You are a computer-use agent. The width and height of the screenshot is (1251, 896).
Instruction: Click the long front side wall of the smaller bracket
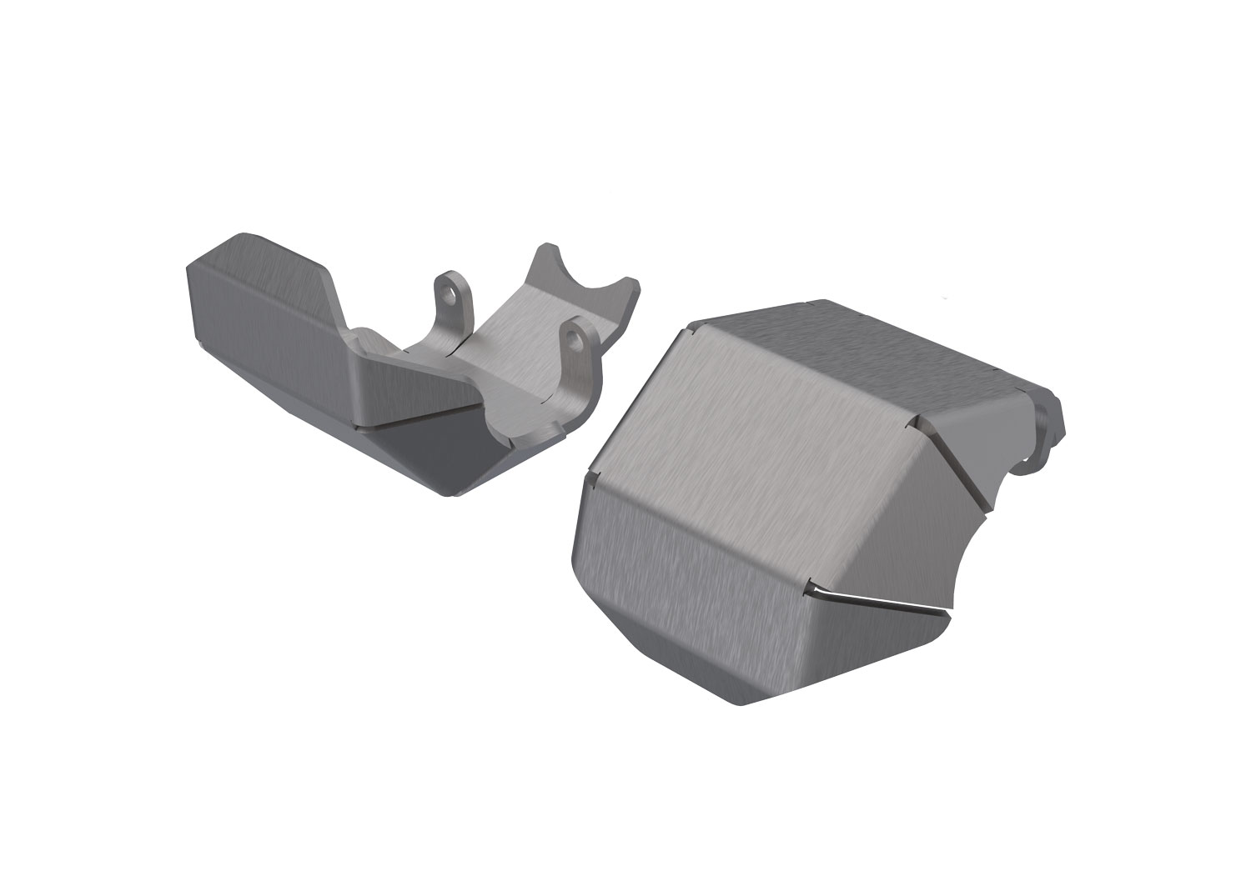coord(275,350)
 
